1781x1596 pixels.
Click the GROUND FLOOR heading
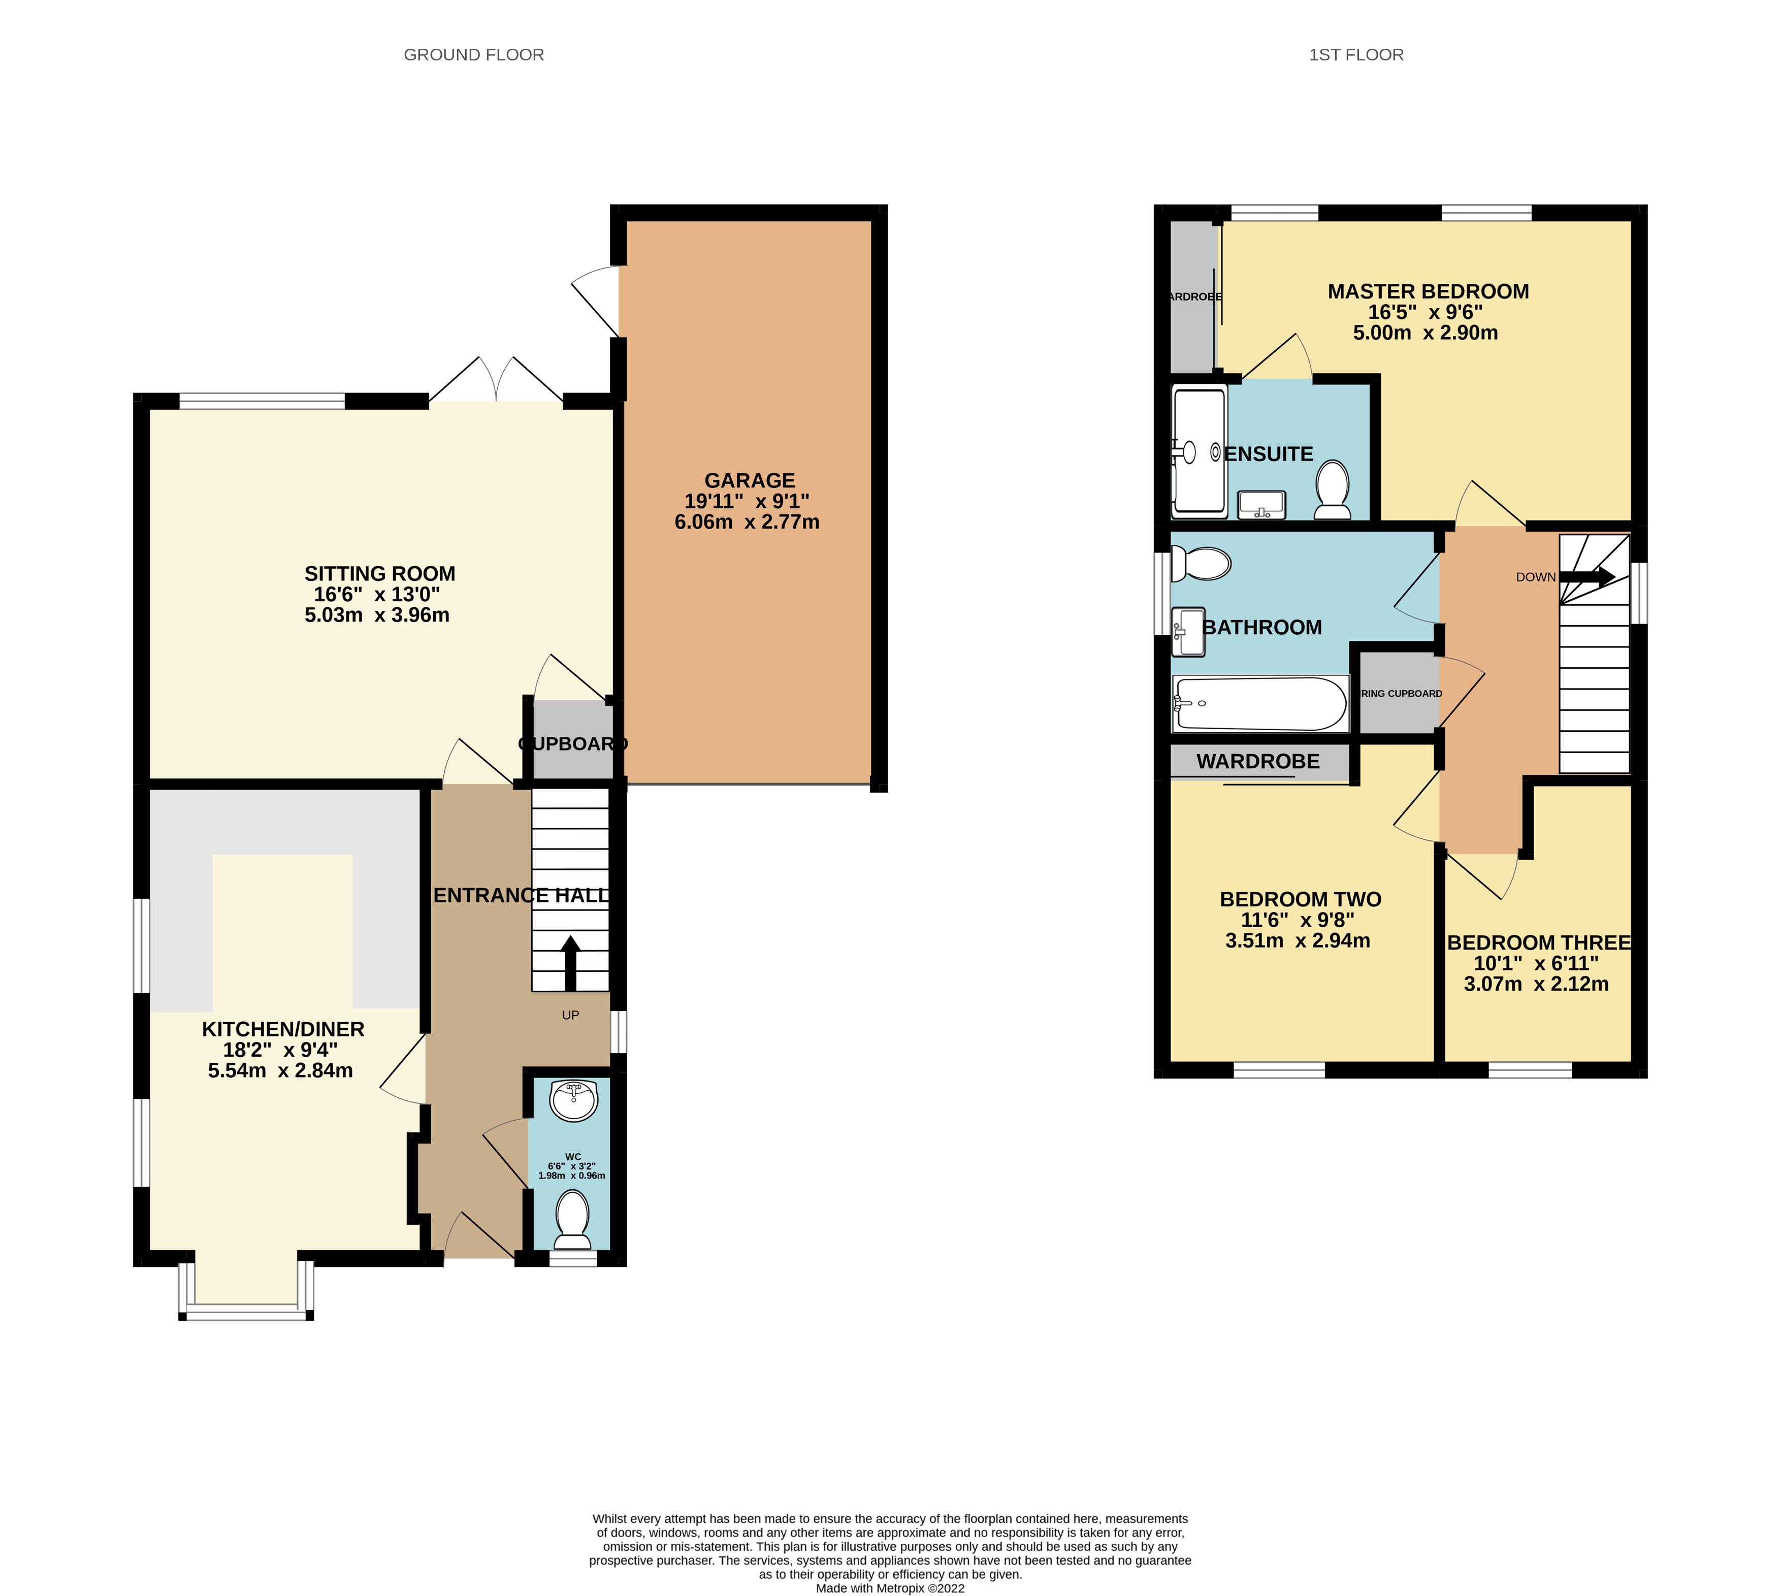[x=473, y=54]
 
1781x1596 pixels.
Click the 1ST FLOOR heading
[x=1356, y=54]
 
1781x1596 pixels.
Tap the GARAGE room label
[x=749, y=480]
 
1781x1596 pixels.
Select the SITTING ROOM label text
[x=380, y=573]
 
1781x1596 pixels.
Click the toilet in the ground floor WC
[x=573, y=1218]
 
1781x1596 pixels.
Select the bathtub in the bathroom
[x=1259, y=703]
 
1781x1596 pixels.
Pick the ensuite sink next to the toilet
[x=1261, y=505]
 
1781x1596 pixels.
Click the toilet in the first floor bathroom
[x=1202, y=564]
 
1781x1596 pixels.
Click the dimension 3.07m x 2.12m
[x=1536, y=984]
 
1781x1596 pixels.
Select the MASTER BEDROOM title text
[x=1428, y=291]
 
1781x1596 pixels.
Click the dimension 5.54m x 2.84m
[x=281, y=1070]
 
